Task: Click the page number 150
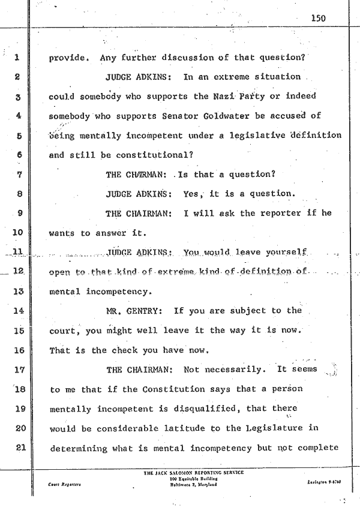(x=318, y=18)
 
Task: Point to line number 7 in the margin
(x=19, y=175)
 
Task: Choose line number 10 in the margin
(x=17, y=233)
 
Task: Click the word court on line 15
(x=63, y=331)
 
